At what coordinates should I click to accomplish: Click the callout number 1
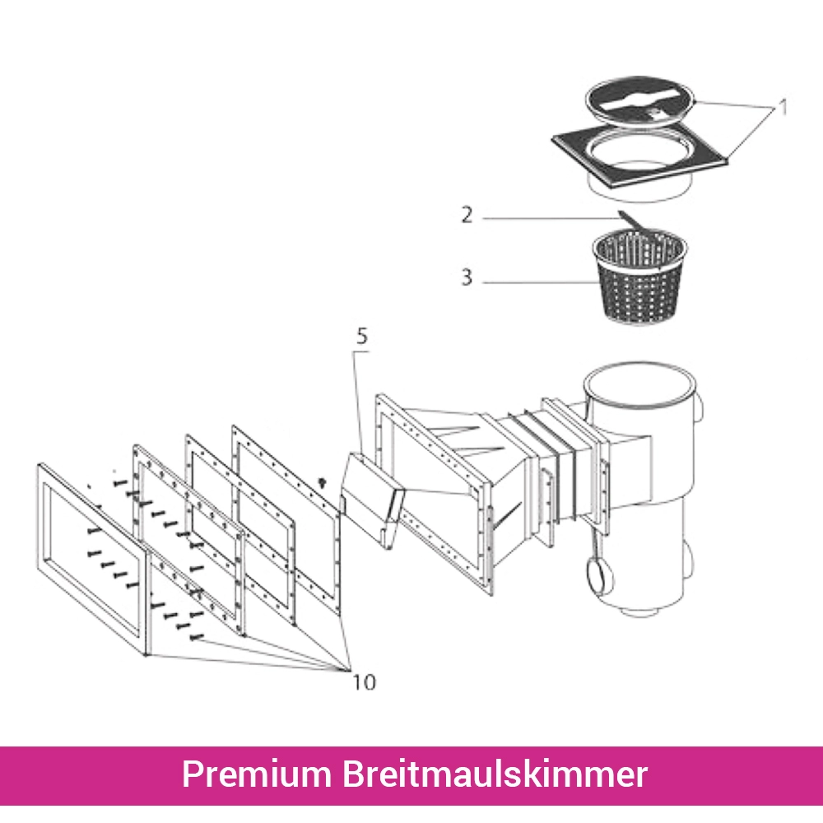[x=784, y=108]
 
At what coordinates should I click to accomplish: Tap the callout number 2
[x=467, y=216]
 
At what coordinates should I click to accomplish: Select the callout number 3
[x=467, y=277]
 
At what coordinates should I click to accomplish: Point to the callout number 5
[x=363, y=336]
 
